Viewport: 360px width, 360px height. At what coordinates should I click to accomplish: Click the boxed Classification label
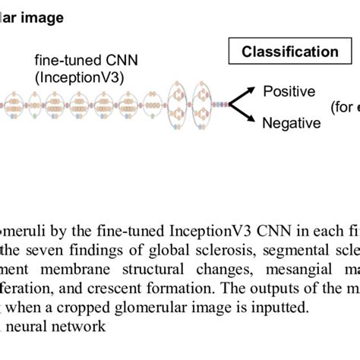(x=290, y=52)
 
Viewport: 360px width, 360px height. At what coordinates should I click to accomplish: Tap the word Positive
(x=289, y=91)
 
